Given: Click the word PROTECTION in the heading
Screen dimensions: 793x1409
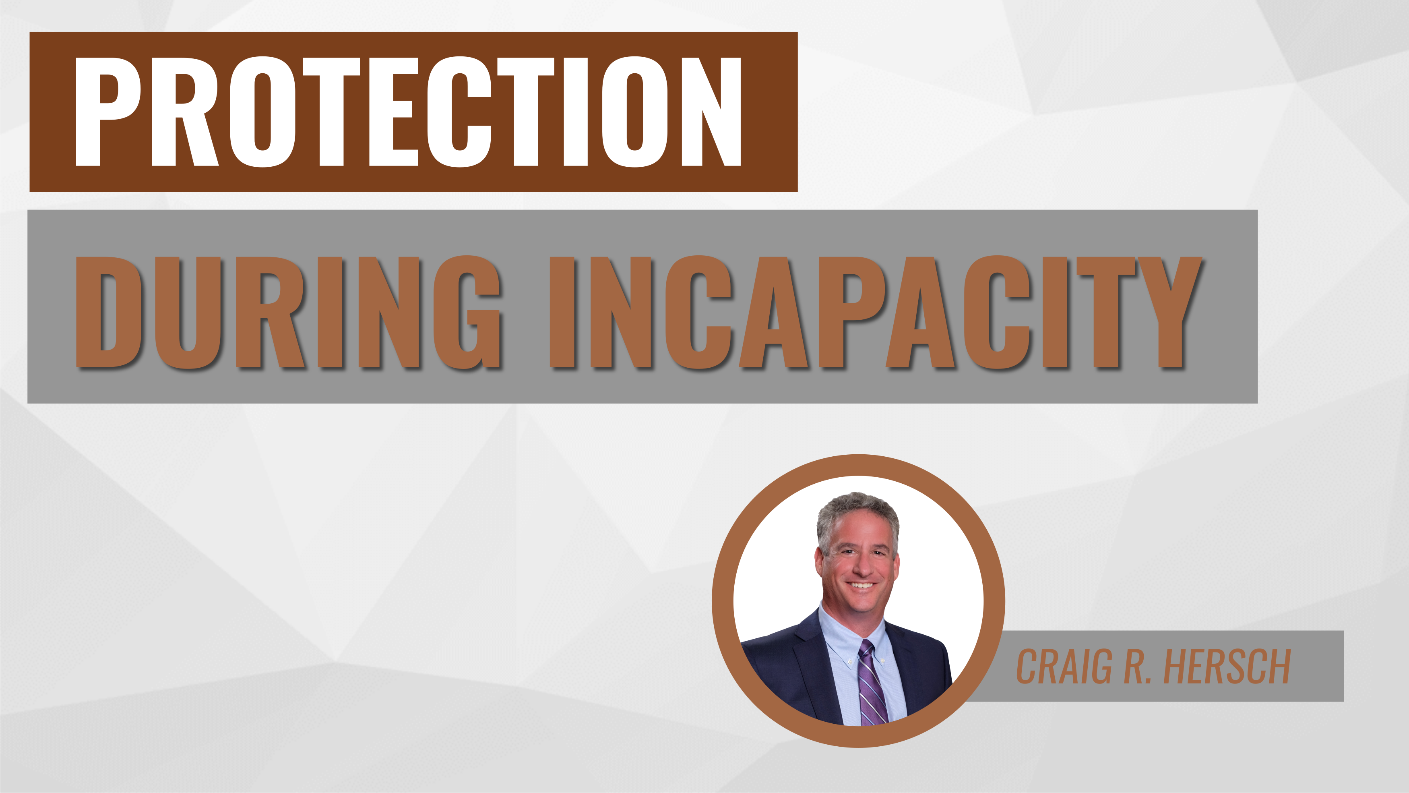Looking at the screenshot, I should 407,112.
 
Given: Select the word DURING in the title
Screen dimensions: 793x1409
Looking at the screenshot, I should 288,312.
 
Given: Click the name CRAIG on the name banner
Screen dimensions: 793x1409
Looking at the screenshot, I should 1064,667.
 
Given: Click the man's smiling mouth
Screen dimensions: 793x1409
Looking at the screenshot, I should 862,586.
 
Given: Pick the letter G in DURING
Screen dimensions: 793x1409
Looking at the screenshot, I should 468,312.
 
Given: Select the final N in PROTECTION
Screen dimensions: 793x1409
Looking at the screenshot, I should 711,112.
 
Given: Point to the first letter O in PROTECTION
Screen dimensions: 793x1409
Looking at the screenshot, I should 262,112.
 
